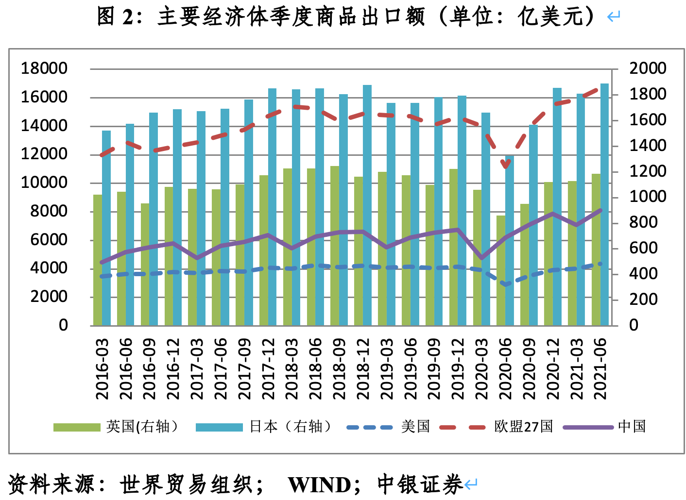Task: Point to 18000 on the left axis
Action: click(44, 68)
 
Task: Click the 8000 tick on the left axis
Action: click(49, 211)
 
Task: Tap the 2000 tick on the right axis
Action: click(648, 68)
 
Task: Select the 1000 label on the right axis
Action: click(648, 197)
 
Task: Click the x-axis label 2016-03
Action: click(103, 369)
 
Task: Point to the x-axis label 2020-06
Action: click(506, 369)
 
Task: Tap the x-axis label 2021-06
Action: click(601, 369)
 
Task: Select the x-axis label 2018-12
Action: click(363, 369)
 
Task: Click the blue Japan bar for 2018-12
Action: click(367, 204)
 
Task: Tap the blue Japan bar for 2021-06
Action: click(604, 204)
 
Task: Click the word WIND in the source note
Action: click(320, 484)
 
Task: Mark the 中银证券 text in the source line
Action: click(420, 484)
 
